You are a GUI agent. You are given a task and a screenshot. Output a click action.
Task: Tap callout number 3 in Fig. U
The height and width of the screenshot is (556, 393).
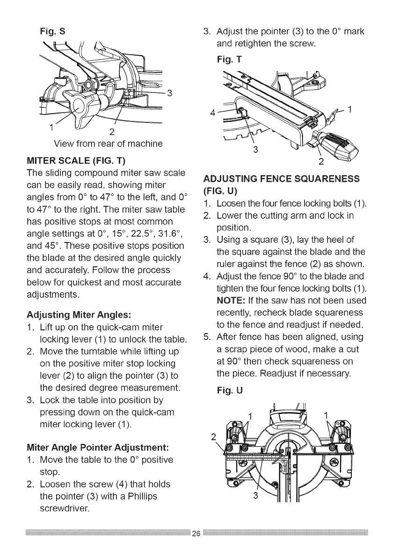255,495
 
